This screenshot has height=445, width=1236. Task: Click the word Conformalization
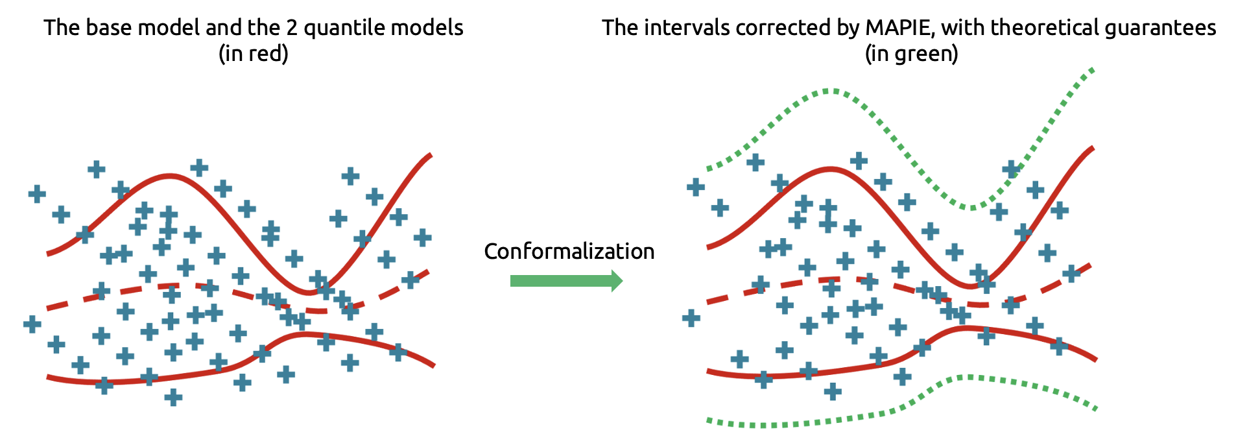tap(569, 252)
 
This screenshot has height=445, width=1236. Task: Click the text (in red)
tap(253, 53)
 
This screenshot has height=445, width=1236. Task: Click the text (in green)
tap(911, 53)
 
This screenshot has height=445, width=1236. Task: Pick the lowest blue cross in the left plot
tap(172, 397)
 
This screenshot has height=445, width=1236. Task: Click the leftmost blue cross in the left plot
tap(32, 324)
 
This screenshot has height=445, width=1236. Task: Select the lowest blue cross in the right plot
tap(833, 391)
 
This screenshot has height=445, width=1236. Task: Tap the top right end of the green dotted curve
tap(1093, 69)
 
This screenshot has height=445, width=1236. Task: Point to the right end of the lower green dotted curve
tap(1095, 409)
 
